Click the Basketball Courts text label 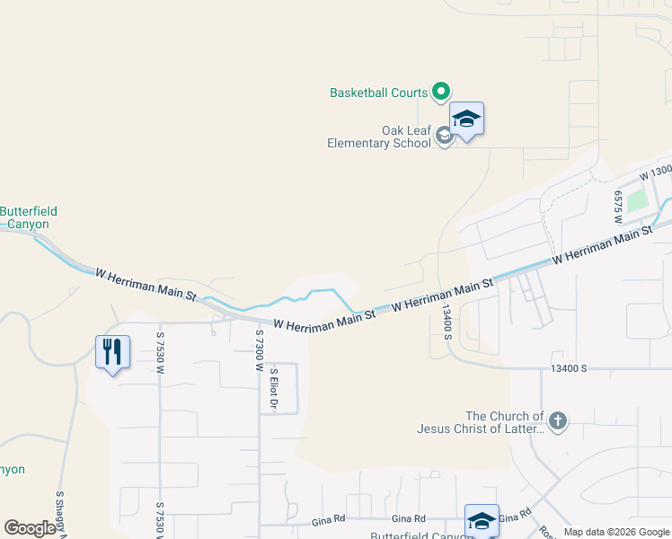tap(378, 93)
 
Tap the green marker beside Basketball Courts tap(441, 91)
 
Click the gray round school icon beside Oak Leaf tap(444, 137)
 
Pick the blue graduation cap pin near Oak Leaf tap(467, 119)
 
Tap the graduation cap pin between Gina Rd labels tap(482, 521)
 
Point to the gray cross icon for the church tap(557, 421)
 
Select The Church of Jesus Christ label tap(480, 422)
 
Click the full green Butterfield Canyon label tap(28, 217)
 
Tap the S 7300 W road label tap(259, 350)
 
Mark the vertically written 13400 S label tap(446, 321)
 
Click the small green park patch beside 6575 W tap(637, 200)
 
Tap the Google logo tap(30, 528)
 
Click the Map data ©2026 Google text tap(615, 532)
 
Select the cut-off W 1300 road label tap(656, 171)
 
